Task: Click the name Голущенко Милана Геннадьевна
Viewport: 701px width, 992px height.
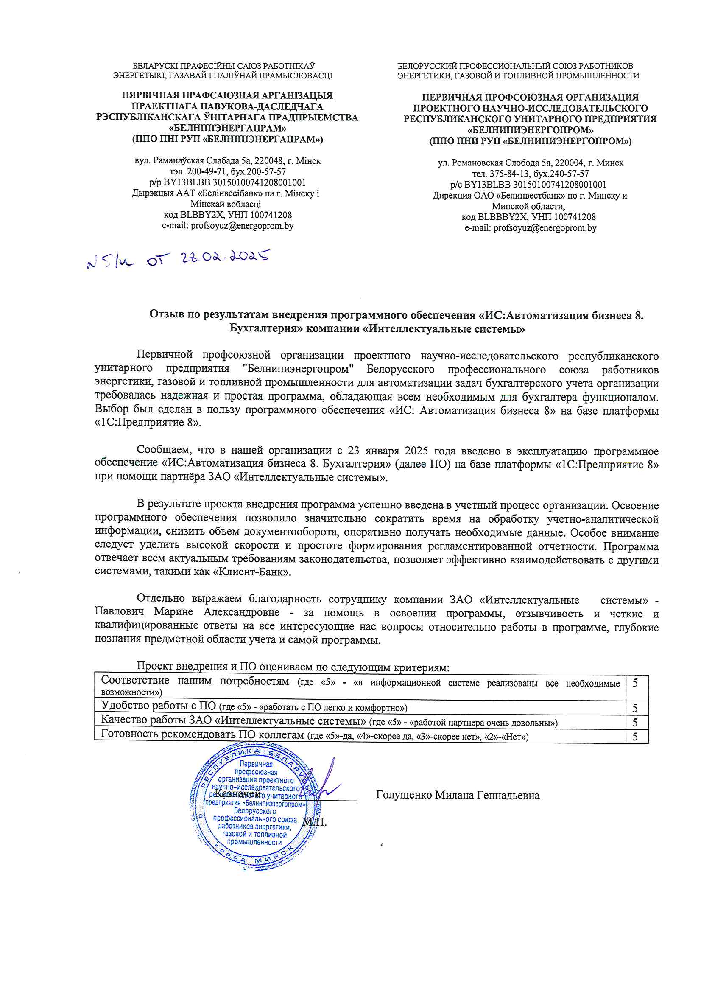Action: [458, 795]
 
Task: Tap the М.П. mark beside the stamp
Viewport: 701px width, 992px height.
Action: [314, 822]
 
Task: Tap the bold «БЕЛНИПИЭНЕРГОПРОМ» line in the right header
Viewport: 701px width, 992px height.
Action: [530, 129]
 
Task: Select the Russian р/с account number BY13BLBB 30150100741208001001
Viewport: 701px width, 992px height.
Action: [536, 185]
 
